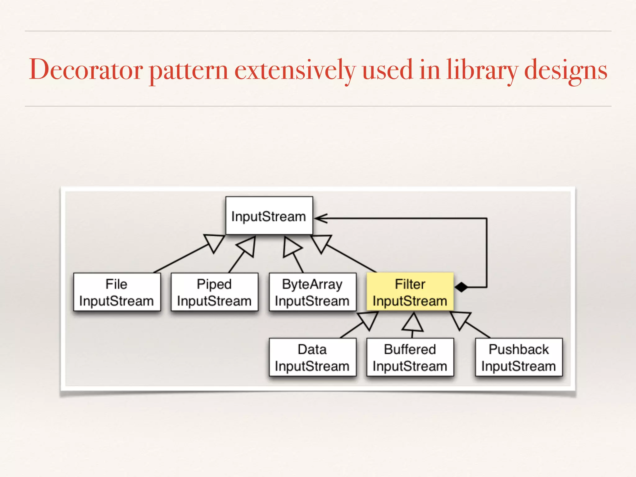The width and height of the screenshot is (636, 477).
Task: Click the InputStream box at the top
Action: coord(269,216)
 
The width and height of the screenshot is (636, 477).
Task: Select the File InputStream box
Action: coord(117,292)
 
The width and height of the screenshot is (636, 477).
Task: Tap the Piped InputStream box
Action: coord(214,292)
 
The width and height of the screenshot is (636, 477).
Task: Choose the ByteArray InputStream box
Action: coord(312,292)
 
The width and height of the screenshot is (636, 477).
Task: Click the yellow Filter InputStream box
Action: coord(410,292)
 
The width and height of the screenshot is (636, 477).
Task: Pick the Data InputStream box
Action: coord(312,357)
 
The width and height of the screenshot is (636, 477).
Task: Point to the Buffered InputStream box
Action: coord(410,357)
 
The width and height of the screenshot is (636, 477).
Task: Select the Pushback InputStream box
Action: coord(519,357)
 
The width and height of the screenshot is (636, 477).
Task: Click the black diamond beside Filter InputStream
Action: coord(461,287)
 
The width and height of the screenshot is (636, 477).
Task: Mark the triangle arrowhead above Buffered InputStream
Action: coord(412,323)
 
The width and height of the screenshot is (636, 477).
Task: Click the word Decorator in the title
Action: coord(86,70)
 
